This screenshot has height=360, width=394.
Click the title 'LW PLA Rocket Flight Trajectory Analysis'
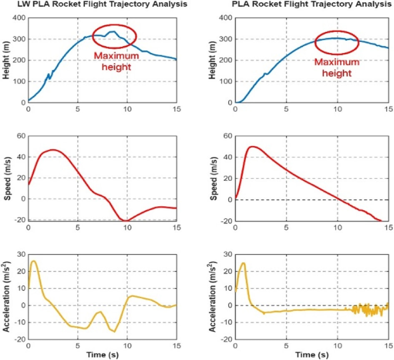coord(102,4)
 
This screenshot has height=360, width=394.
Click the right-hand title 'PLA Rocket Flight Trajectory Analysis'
coord(311,4)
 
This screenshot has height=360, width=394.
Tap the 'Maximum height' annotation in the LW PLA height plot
coord(116,61)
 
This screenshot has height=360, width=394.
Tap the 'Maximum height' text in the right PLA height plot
coord(337,67)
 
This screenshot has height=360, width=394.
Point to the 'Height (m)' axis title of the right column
coord(212,60)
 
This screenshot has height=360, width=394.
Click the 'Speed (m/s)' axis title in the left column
coord(8,179)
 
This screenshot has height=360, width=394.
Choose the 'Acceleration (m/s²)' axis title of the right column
coord(212,297)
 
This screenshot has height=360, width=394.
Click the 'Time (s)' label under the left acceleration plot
coord(103,355)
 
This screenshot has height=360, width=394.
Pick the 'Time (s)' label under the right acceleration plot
coord(312,355)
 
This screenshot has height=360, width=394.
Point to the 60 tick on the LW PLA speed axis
coord(21,136)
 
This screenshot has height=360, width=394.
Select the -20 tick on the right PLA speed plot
coord(226,221)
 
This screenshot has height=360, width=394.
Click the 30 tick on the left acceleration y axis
coord(21,255)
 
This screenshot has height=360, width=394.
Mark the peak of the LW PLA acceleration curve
coord(33,261)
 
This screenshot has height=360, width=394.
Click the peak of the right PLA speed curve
coord(252,146)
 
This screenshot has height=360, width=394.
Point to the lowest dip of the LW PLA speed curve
coord(125,221)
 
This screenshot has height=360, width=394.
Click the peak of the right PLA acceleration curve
coord(243,263)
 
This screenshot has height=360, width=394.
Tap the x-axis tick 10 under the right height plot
coord(337,109)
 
